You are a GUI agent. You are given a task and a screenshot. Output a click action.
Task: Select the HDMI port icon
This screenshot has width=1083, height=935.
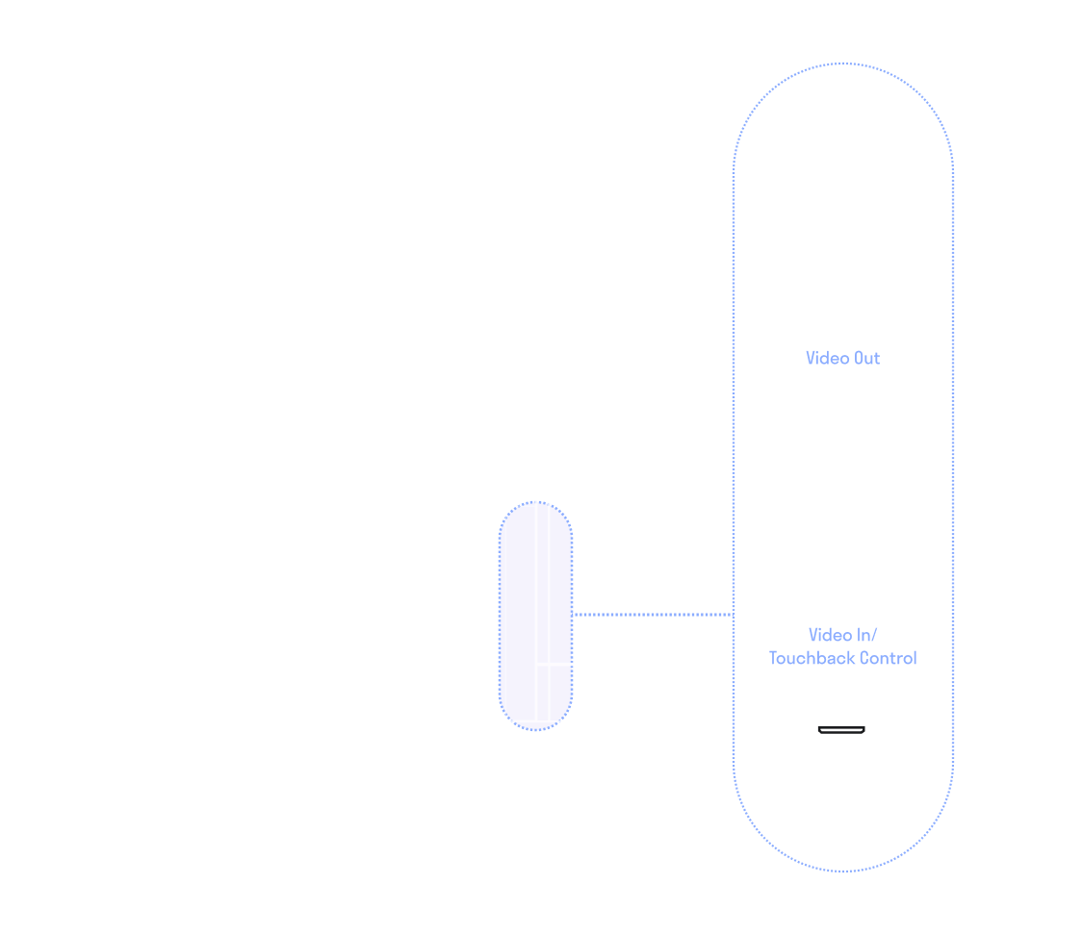click(842, 730)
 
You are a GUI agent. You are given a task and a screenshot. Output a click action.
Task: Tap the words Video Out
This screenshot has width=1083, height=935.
click(842, 358)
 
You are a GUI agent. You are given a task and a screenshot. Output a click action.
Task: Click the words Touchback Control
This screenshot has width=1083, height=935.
click(842, 658)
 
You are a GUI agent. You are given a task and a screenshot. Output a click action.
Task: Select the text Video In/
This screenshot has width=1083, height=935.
click(842, 635)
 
